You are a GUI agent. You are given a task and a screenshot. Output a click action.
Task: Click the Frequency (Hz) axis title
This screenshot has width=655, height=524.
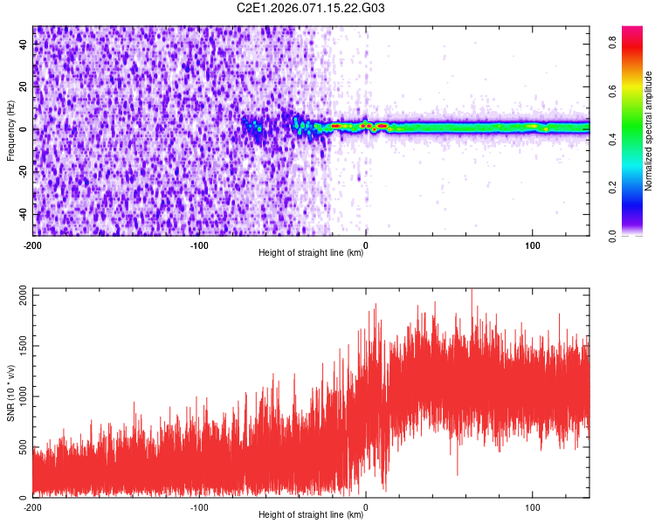point(10,129)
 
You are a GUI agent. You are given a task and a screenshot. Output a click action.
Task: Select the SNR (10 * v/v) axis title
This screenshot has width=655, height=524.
point(10,392)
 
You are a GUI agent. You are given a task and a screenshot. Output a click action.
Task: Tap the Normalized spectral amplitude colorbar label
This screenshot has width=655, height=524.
point(649,131)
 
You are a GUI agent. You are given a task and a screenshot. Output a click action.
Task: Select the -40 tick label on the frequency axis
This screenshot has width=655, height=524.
point(21,214)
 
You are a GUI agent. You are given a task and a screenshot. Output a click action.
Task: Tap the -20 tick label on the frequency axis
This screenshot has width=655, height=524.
point(21,171)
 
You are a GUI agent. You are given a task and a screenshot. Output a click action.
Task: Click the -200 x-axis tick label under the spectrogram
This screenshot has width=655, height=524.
point(33,245)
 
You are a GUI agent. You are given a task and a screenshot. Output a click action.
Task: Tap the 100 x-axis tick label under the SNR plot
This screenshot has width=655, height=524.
point(533,507)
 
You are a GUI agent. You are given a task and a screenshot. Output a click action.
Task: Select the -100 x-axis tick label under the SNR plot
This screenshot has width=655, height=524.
point(199,507)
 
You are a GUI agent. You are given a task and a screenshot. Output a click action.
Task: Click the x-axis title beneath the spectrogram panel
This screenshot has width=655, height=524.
point(311,253)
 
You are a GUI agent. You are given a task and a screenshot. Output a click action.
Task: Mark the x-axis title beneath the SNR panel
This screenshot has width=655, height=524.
point(311,515)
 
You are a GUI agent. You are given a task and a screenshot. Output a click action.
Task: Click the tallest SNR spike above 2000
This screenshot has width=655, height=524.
point(472,291)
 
